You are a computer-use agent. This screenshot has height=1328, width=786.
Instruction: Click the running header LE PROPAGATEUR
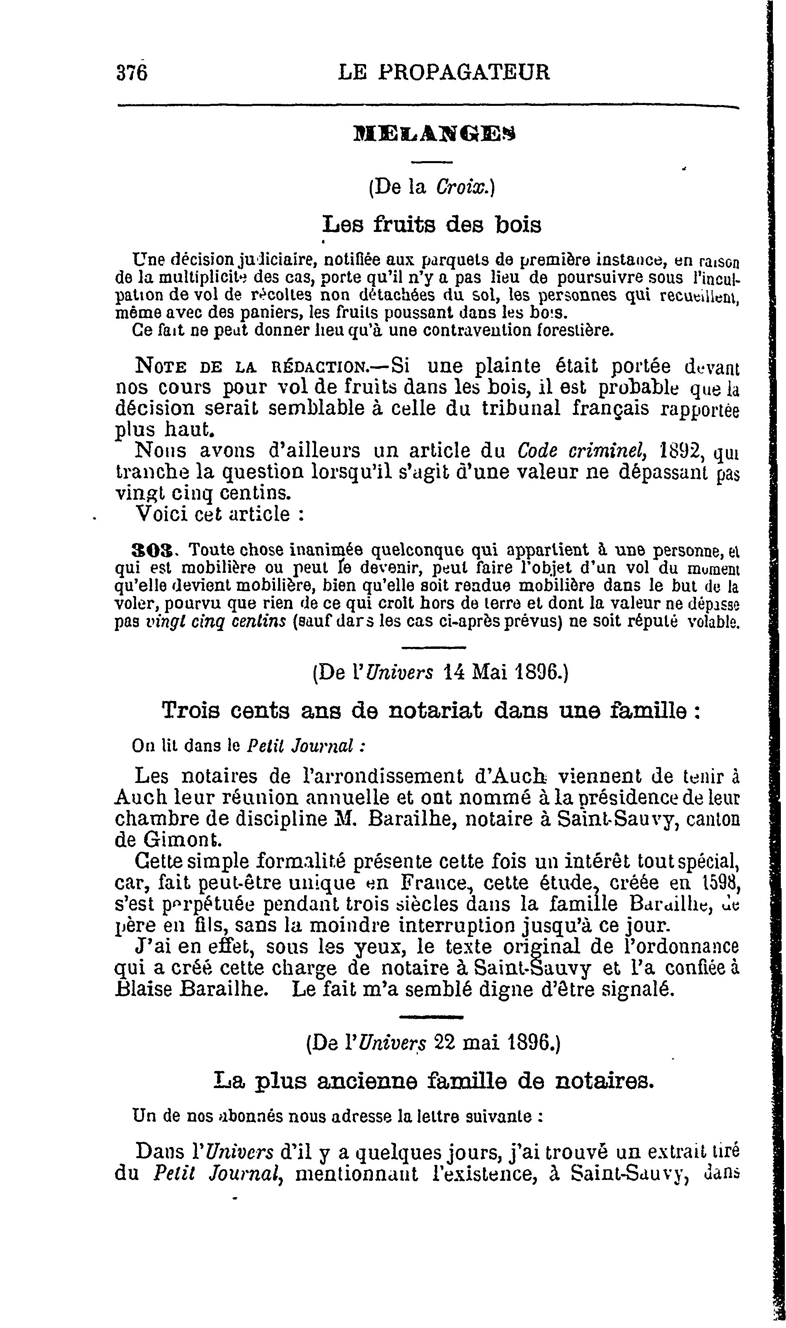click(x=444, y=72)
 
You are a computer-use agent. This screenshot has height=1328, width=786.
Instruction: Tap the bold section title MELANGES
click(x=433, y=134)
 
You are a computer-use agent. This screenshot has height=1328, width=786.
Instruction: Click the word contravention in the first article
click(x=463, y=331)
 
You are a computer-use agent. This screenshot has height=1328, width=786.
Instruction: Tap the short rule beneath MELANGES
click(x=432, y=161)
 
